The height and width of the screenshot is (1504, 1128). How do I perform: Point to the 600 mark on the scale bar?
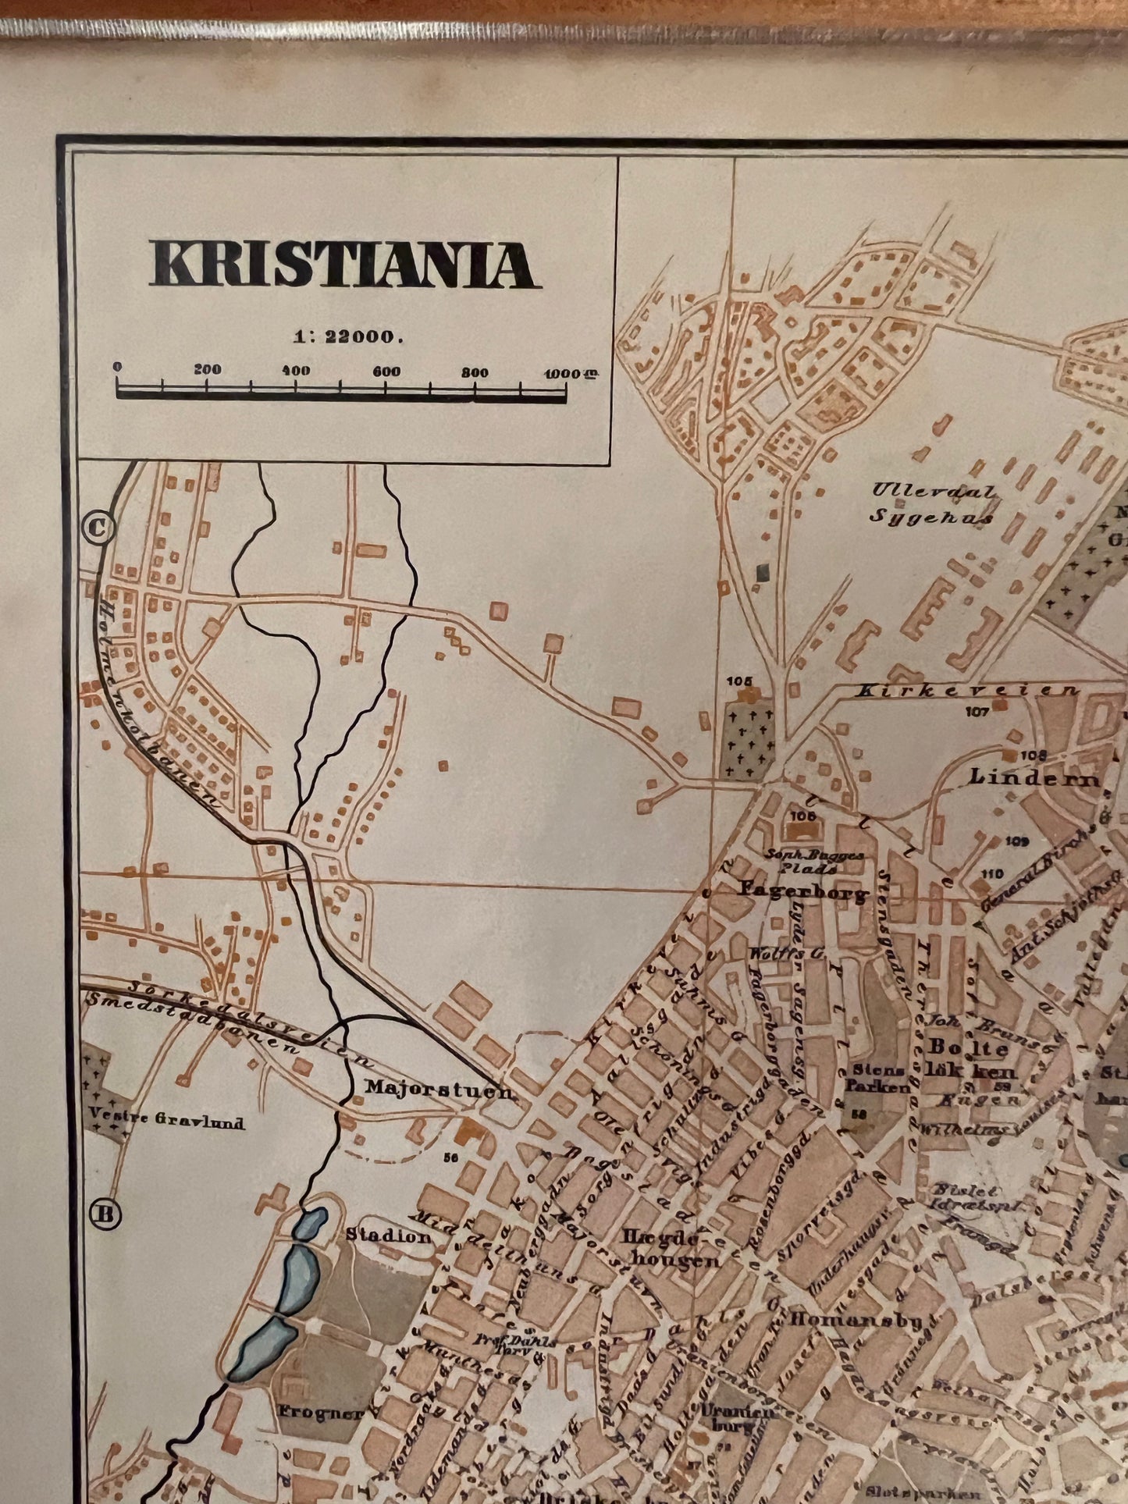coord(386,372)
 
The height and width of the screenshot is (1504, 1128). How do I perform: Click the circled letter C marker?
coord(99,528)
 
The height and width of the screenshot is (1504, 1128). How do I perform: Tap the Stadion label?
coord(388,1236)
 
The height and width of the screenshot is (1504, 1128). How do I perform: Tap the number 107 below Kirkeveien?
coord(977,711)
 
